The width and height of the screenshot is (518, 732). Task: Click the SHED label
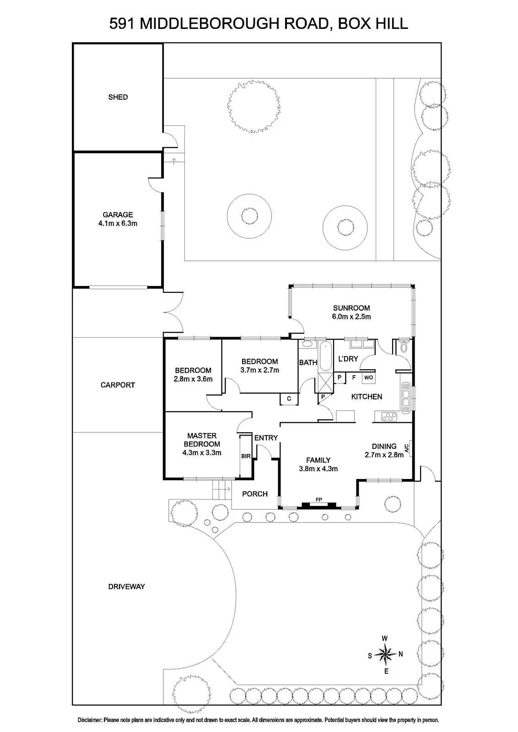pyautogui.click(x=118, y=97)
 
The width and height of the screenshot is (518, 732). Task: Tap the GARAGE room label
pyautogui.click(x=118, y=215)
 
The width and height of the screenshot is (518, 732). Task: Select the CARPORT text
pyautogui.click(x=118, y=385)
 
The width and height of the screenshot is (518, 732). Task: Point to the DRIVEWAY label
pyautogui.click(x=126, y=587)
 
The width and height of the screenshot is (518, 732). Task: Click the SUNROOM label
pyautogui.click(x=351, y=308)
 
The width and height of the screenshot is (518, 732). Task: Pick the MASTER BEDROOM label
pyautogui.click(x=202, y=440)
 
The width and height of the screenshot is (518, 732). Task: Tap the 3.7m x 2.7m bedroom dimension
pyautogui.click(x=259, y=370)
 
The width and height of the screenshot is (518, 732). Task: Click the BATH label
pyautogui.click(x=308, y=362)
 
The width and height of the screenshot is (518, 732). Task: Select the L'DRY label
pyautogui.click(x=348, y=359)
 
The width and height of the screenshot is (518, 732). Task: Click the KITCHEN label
pyautogui.click(x=367, y=397)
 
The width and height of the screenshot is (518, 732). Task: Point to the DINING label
pyautogui.click(x=384, y=446)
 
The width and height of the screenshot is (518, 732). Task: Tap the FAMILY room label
pyautogui.click(x=318, y=460)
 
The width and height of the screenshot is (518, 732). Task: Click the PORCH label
pyautogui.click(x=254, y=494)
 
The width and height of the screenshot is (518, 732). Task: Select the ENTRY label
pyautogui.click(x=266, y=438)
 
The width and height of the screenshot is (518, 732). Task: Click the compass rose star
pyautogui.click(x=386, y=654)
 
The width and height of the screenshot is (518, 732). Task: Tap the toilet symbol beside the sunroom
pyautogui.click(x=404, y=348)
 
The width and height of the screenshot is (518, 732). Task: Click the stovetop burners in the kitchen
pyautogui.click(x=389, y=416)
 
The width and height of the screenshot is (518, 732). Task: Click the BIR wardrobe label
pyautogui.click(x=245, y=456)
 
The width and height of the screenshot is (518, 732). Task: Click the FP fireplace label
pyautogui.click(x=318, y=499)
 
